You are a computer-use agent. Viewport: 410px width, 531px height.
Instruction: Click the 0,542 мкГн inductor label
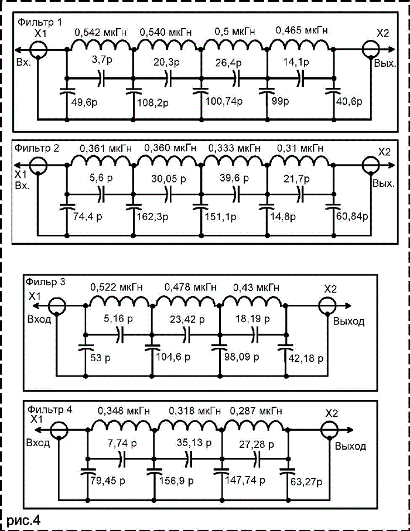pyautogui.click(x=101, y=32)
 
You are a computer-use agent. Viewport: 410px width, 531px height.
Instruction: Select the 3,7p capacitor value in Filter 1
pyautogui.click(x=102, y=60)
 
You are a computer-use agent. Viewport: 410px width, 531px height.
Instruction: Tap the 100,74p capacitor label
pyautogui.click(x=224, y=101)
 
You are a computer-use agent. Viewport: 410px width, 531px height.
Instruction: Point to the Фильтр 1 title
pyautogui.click(x=40, y=22)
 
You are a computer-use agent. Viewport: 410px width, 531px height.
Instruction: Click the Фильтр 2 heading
pyautogui.click(x=36, y=148)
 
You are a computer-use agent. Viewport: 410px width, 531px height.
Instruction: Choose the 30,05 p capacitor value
pyautogui.click(x=169, y=179)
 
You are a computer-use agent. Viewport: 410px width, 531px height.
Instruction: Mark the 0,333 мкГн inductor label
pyautogui.click(x=234, y=148)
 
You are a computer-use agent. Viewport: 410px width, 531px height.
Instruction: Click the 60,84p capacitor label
pyautogui.click(x=352, y=215)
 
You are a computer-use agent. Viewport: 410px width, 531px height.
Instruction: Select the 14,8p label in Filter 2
pyautogui.click(x=283, y=216)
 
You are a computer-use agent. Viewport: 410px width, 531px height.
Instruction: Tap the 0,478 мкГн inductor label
pyautogui.click(x=190, y=287)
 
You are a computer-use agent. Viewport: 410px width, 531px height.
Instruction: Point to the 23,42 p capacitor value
pyautogui.click(x=187, y=319)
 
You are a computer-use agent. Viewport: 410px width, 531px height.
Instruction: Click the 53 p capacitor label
pyautogui.click(x=100, y=358)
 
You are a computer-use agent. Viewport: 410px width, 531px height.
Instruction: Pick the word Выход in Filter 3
pyautogui.click(x=348, y=321)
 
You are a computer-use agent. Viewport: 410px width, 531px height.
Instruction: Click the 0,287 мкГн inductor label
pyautogui.click(x=256, y=411)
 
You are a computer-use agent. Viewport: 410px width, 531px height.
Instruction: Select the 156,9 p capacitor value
pyautogui.click(x=176, y=481)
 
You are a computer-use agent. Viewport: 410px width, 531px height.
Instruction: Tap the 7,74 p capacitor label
pyautogui.click(x=122, y=443)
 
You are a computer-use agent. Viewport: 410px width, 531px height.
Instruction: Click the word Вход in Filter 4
pyautogui.click(x=38, y=443)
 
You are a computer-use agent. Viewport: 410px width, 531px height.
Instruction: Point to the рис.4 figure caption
pyautogui.click(x=23, y=520)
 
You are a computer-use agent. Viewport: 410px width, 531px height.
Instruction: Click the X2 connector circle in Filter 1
pyautogui.click(x=370, y=49)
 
